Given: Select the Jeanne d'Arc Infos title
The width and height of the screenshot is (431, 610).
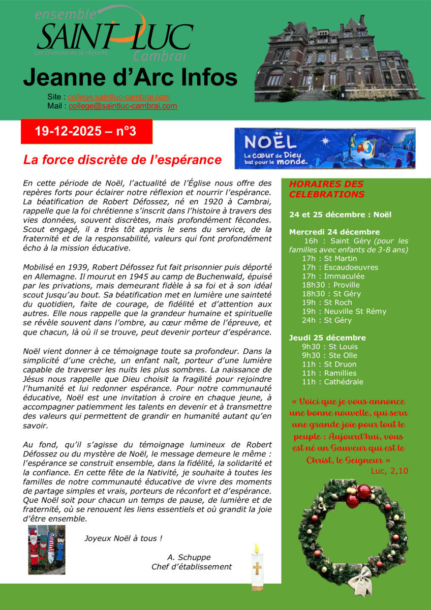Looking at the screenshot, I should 130,78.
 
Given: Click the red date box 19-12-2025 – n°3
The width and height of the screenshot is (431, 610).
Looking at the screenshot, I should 86,132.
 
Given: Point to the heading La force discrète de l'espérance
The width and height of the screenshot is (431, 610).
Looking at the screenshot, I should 122,160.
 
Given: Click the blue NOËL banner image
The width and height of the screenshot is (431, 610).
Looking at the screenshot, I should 325,148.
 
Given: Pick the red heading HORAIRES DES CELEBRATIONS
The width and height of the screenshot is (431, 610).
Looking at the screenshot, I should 326,189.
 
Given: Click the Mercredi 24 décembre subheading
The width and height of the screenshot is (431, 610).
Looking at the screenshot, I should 330,232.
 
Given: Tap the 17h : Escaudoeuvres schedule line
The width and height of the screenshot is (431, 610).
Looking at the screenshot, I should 340,267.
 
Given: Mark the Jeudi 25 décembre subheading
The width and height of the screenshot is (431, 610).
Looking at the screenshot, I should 327,338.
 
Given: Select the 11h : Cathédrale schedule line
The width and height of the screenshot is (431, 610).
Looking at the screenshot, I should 332,382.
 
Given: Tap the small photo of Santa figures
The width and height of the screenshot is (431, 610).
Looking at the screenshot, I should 47,550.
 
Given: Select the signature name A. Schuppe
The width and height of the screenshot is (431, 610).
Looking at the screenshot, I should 189,557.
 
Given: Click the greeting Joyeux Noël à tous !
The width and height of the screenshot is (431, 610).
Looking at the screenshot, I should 123,538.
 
